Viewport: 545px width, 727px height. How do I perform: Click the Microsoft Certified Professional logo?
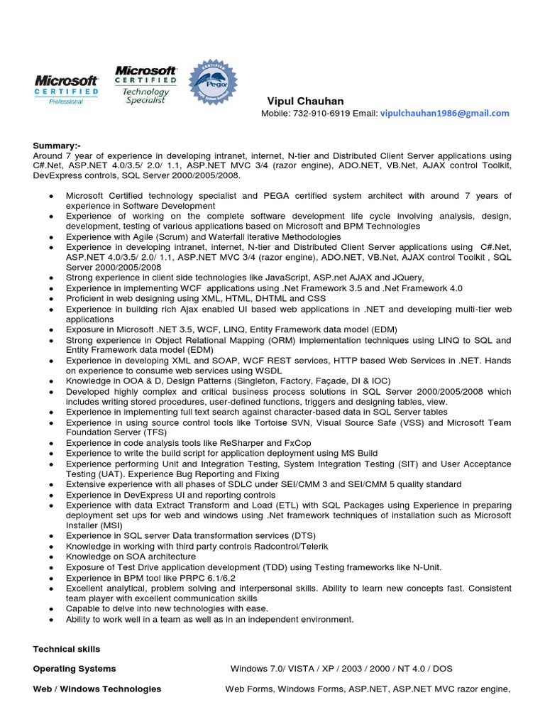(x=66, y=89)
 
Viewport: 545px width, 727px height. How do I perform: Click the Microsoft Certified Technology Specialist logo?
(x=146, y=85)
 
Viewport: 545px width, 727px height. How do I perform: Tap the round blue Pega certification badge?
(x=213, y=83)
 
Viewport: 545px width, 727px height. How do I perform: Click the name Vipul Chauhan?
(x=305, y=101)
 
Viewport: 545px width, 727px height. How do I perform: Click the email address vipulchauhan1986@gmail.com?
(x=444, y=114)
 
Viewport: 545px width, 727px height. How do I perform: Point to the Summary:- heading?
(x=57, y=146)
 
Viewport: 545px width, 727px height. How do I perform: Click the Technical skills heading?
(x=67, y=649)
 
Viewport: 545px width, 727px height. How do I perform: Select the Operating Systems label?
(x=75, y=669)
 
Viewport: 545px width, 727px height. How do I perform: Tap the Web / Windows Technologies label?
(x=97, y=689)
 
